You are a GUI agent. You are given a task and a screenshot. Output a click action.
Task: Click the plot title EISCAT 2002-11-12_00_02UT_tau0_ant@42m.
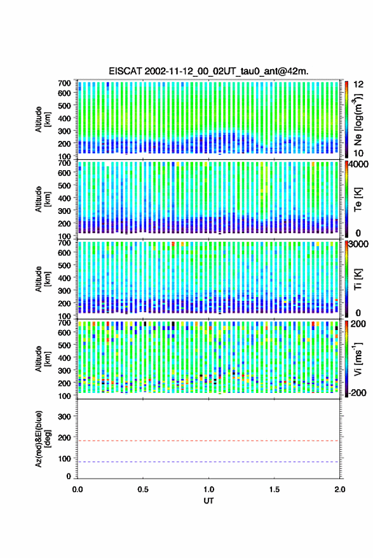tap(208, 71)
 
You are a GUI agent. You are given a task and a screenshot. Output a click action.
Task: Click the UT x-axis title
tap(208, 501)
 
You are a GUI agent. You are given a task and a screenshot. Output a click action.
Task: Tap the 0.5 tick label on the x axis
tap(143, 489)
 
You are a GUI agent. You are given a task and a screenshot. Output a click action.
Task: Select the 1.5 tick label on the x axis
tap(275, 489)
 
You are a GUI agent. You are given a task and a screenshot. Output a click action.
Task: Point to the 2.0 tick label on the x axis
tap(339, 489)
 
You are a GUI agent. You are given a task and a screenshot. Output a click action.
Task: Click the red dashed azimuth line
tap(208, 441)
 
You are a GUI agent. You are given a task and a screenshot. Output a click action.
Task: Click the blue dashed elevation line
tap(208, 462)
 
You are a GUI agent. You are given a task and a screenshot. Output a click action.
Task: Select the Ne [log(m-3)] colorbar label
tap(358, 120)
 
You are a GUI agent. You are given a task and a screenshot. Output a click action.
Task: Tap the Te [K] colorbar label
tap(358, 199)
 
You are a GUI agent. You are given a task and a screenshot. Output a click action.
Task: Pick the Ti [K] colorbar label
tap(358, 279)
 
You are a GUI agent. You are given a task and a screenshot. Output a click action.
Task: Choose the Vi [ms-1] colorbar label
tap(358, 359)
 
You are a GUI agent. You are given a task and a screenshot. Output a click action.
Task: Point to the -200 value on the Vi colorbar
tap(357, 393)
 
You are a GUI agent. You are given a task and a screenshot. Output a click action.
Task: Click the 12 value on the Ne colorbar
tap(358, 84)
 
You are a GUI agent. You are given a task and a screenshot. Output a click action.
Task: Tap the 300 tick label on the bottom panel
tap(64, 416)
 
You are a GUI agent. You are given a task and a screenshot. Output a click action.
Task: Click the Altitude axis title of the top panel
tap(42, 119)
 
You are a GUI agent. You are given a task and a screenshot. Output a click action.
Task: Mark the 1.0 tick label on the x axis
tap(209, 489)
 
